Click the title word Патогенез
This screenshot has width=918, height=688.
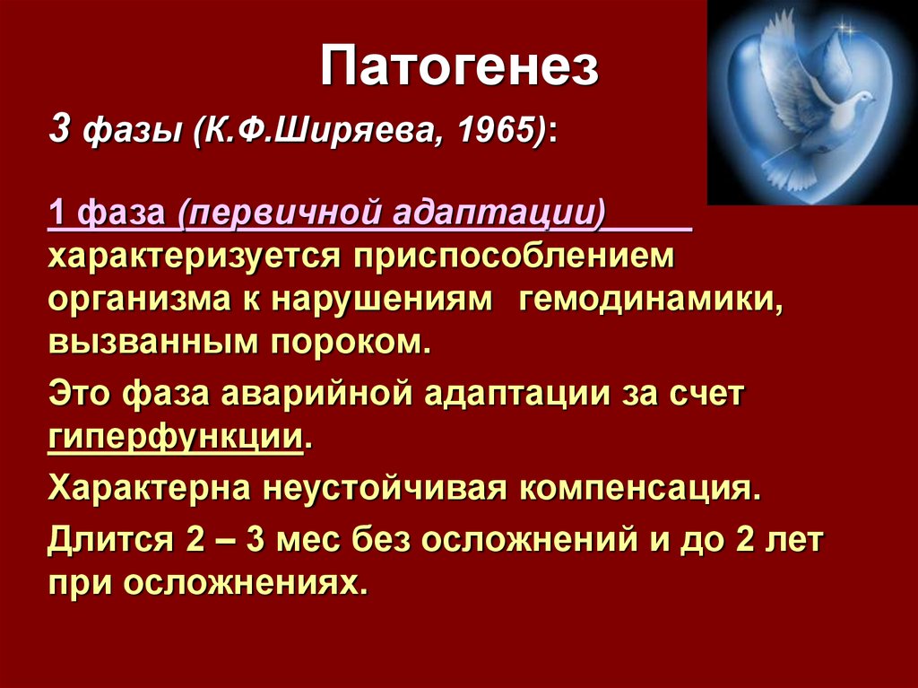coord(460,65)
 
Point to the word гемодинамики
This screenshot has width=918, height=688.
coord(651,300)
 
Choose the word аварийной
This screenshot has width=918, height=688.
coord(318,394)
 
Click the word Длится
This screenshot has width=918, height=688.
coord(110,540)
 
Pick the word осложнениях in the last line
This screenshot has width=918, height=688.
coord(247,583)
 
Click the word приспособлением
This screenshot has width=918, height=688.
coord(514,257)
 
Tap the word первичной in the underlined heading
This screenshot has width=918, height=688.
coord(284,213)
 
